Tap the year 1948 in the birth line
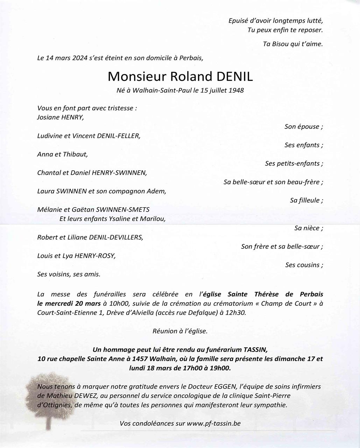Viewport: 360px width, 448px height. [236, 90]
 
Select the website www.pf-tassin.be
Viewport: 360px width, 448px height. [214, 423]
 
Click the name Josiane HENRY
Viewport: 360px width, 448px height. [61, 117]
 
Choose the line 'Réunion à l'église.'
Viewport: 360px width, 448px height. [180, 331]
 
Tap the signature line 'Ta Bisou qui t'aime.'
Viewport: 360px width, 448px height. [292, 44]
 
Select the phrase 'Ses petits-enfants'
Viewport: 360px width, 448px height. [293, 163]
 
